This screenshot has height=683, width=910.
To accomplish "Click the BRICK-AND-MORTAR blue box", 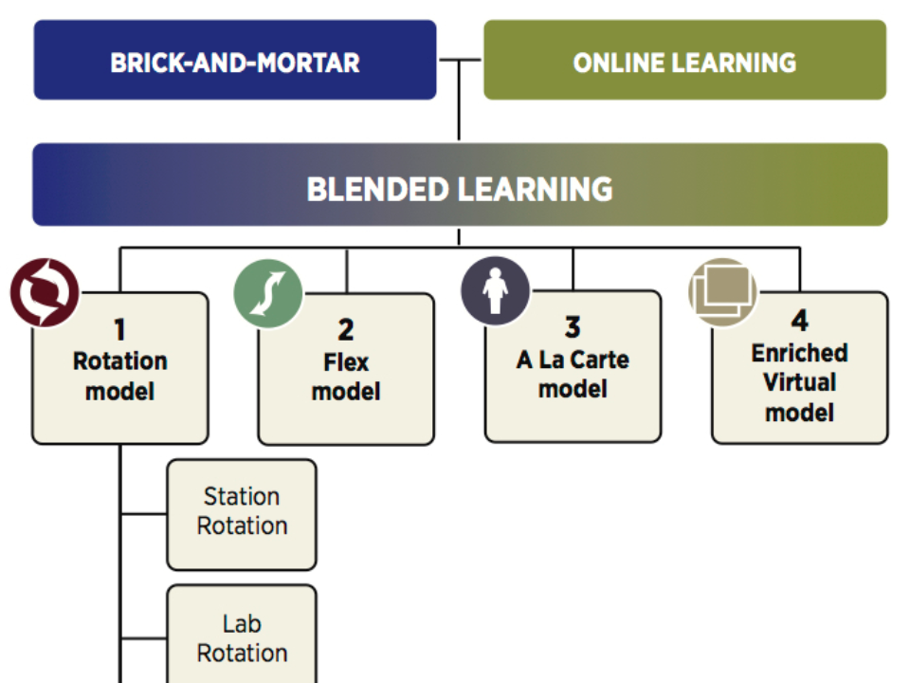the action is (235, 60).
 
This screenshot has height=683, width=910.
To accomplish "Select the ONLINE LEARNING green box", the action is (684, 60).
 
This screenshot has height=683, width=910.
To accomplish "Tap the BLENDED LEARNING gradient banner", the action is (460, 185).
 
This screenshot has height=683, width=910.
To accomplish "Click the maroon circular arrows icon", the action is (45, 292).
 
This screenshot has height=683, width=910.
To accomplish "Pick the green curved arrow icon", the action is (267, 293).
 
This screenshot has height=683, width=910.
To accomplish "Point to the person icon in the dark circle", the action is (495, 290).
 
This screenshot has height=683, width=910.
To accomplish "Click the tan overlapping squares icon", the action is (722, 291).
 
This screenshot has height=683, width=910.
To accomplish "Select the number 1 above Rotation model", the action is (119, 330).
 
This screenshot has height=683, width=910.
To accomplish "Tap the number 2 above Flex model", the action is (346, 330).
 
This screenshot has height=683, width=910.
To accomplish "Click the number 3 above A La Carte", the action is (573, 327).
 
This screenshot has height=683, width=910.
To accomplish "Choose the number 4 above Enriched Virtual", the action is (799, 321).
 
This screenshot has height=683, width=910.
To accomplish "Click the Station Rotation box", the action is (242, 514).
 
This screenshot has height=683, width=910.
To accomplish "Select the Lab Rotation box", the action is (242, 635).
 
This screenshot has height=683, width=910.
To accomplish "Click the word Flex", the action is (346, 362).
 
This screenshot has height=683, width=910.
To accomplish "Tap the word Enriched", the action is (800, 353).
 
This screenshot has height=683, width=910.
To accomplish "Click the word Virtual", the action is (800, 382).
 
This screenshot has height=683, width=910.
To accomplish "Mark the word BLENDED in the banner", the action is (378, 190).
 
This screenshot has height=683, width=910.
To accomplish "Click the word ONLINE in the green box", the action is (617, 63).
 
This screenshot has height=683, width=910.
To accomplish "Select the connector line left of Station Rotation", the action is (144, 514).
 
